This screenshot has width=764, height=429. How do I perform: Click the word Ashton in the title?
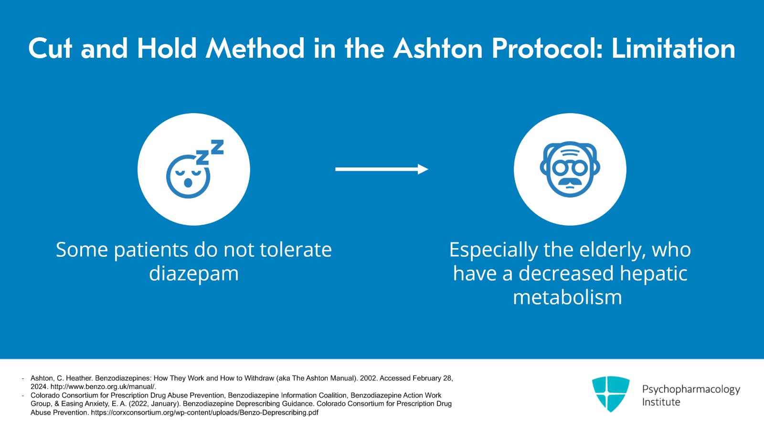[x=438, y=48]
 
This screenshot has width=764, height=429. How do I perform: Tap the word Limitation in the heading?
[x=673, y=48]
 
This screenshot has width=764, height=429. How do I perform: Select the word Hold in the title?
[x=167, y=48]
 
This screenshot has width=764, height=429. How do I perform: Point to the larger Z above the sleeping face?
[x=217, y=147]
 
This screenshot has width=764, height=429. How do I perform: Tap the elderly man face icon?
[x=570, y=169]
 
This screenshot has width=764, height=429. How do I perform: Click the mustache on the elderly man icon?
[x=570, y=182]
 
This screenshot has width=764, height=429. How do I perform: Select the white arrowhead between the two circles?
[x=423, y=169]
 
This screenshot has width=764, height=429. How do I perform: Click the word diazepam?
[x=194, y=273]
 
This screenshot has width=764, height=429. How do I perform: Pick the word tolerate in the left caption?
[x=296, y=250]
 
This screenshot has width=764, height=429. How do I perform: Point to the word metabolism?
[x=568, y=297]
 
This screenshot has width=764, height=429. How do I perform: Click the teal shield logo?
[x=611, y=394]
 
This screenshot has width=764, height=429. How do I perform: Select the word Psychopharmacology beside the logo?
[x=691, y=389]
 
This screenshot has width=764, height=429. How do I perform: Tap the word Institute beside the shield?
[x=661, y=402]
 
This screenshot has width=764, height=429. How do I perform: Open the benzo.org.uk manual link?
[x=103, y=387]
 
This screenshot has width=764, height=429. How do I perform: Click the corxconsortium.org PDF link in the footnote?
[x=205, y=413]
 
